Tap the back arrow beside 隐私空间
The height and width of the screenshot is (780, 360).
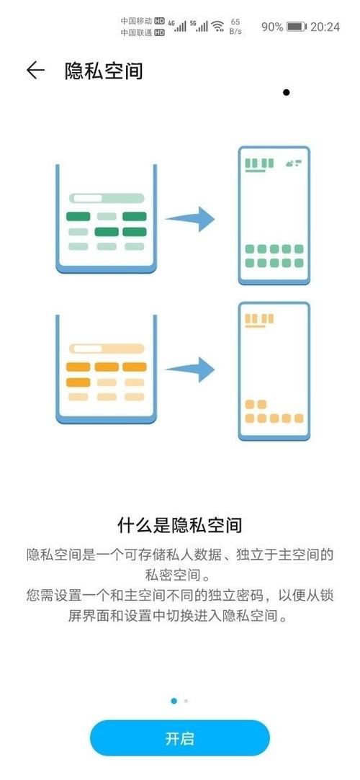(35, 71)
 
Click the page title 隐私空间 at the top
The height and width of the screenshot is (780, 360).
(104, 71)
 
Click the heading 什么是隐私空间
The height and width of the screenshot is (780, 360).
(179, 525)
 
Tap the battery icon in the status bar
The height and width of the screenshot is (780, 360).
(297, 27)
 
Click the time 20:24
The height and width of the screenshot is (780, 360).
(325, 27)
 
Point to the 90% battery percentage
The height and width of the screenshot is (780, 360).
(272, 27)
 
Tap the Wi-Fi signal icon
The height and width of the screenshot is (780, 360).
(217, 27)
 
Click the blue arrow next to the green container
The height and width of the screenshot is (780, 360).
(190, 219)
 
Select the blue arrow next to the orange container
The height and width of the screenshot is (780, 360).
(190, 369)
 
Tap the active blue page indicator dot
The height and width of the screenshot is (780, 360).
(174, 701)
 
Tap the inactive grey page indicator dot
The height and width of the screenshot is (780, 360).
(186, 701)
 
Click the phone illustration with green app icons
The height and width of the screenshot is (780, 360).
(274, 215)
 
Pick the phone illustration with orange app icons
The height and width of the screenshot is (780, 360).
(274, 371)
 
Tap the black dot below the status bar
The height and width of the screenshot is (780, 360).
(286, 92)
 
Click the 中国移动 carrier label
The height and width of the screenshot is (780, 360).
(136, 21)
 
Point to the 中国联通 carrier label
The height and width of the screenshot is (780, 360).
(136, 33)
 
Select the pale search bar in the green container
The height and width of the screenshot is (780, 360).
(107, 198)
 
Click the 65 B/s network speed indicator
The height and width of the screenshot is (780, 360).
(235, 27)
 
